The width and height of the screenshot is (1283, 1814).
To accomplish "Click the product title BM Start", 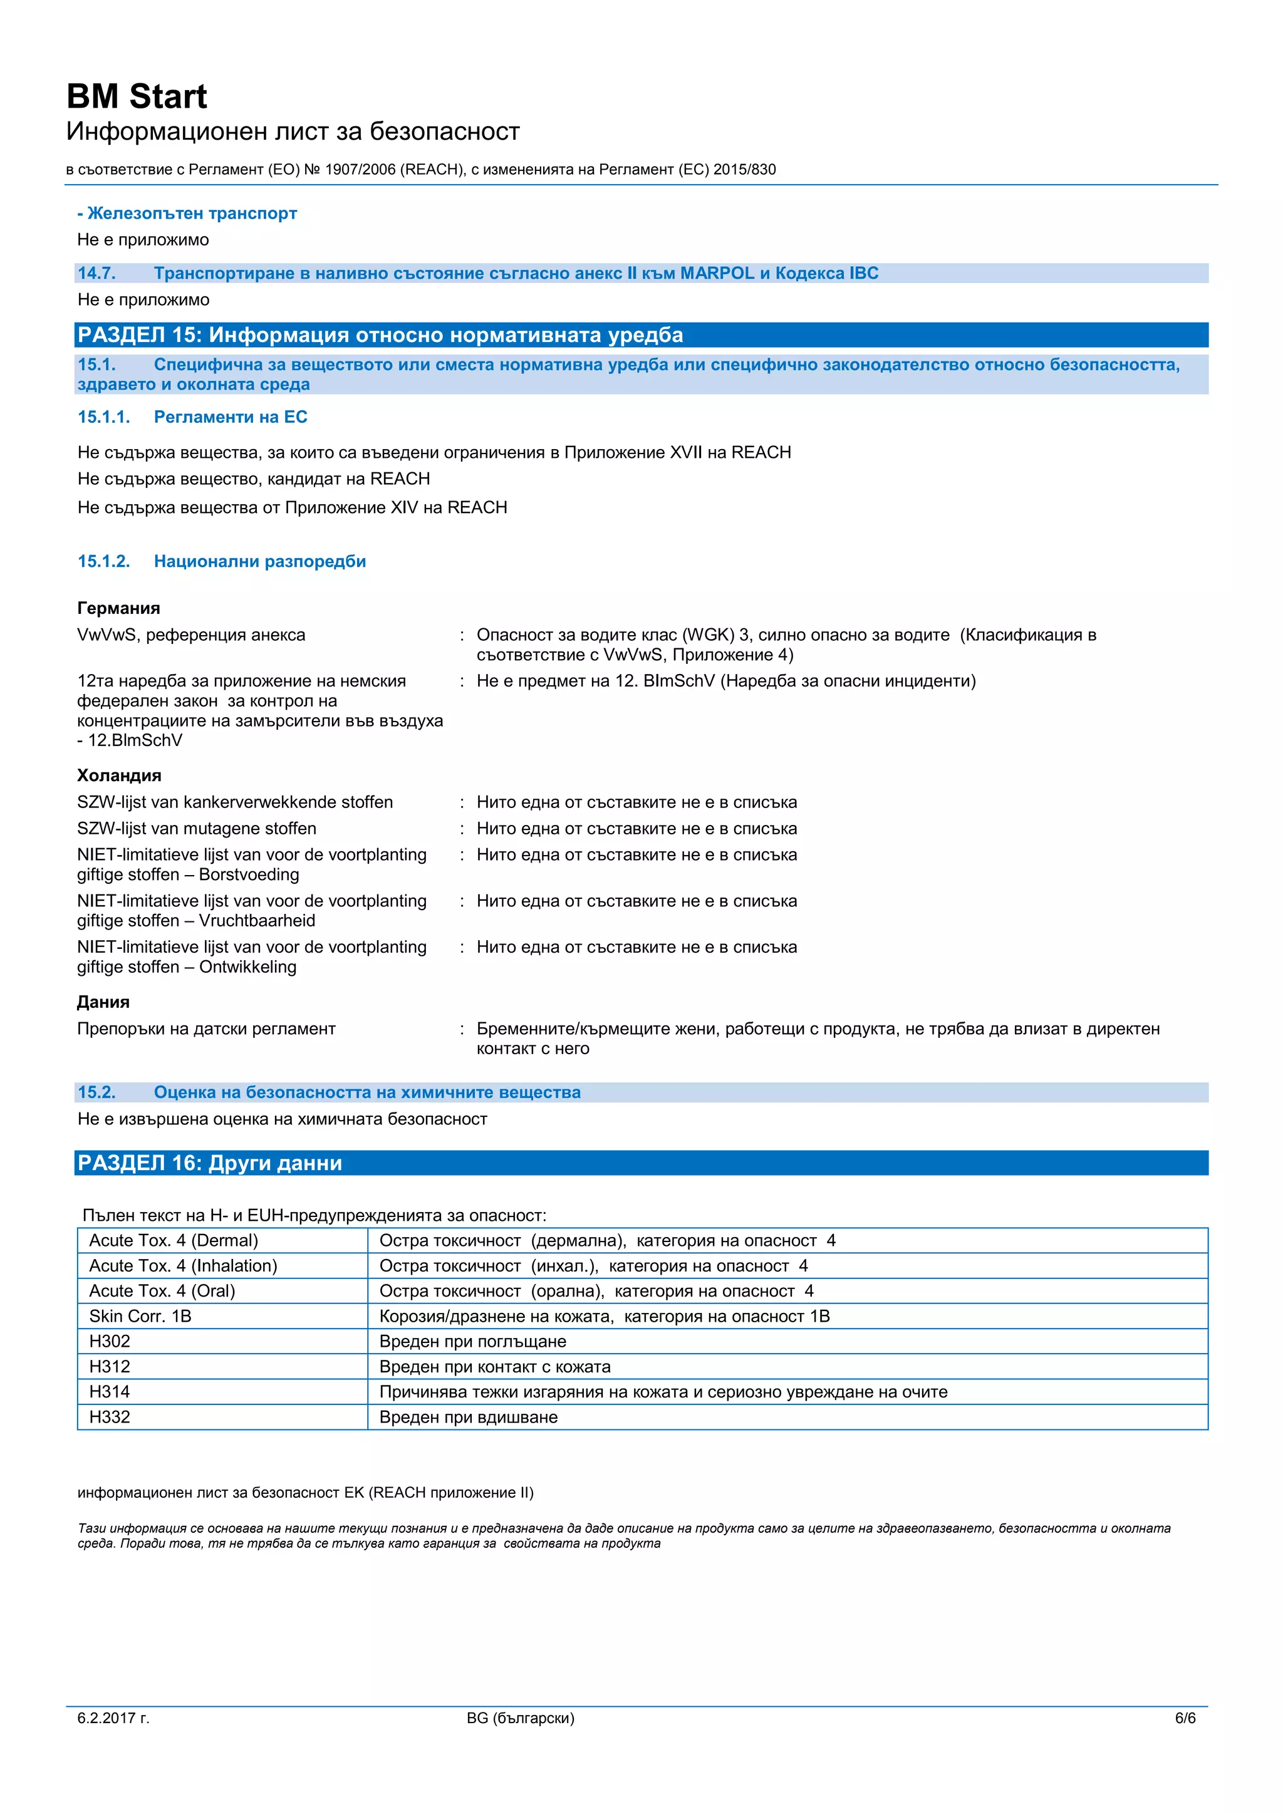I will pyautogui.click(x=136, y=96).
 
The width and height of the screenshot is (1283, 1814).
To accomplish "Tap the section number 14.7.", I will pyautogui.click(x=96, y=273).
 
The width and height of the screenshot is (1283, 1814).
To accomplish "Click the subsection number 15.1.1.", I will pyautogui.click(x=103, y=417).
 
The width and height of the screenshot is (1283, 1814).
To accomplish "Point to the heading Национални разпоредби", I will pyautogui.click(x=260, y=562).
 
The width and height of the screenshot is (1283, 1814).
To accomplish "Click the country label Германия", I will pyautogui.click(x=118, y=608).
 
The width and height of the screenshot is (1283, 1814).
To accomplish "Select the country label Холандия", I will pyautogui.click(x=119, y=776).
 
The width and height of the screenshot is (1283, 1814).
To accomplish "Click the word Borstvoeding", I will pyautogui.click(x=249, y=874).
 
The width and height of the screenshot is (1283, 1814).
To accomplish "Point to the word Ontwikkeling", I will pyautogui.click(x=247, y=967).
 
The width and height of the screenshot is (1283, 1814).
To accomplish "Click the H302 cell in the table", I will pyautogui.click(x=110, y=1342).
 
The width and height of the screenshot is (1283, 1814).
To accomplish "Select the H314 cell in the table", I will pyautogui.click(x=110, y=1392).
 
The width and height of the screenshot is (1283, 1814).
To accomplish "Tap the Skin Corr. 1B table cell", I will pyautogui.click(x=140, y=1316).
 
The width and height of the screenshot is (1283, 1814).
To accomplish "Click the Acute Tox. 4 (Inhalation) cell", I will pyautogui.click(x=184, y=1266).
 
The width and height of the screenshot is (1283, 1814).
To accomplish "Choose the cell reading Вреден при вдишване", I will pyautogui.click(x=469, y=1418).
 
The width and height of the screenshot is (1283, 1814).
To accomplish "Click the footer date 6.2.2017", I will pyautogui.click(x=113, y=1718).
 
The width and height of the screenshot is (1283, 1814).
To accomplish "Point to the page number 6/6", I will pyautogui.click(x=1185, y=1718).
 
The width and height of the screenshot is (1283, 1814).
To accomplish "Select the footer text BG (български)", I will pyautogui.click(x=521, y=1718).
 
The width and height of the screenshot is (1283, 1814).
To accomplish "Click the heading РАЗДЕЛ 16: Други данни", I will pyautogui.click(x=210, y=1164).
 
